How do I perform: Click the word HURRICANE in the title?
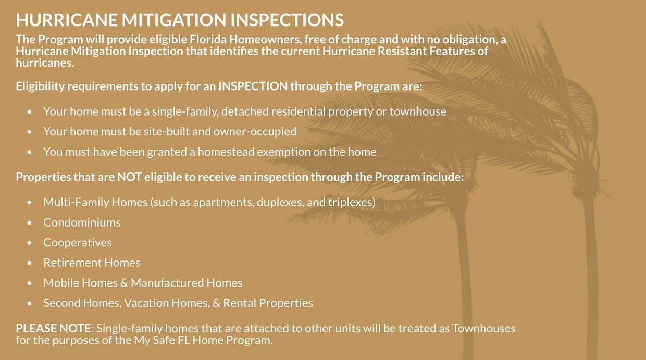(x=66, y=20)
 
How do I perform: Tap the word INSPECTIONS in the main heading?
(x=287, y=20)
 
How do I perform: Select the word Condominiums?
(x=82, y=222)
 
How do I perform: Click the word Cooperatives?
(x=77, y=243)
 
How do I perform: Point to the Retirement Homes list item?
(x=92, y=263)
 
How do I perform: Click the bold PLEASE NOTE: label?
(x=55, y=329)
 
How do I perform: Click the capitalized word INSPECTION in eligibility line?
(x=253, y=86)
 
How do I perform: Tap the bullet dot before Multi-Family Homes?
(x=30, y=203)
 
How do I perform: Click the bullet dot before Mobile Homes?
(x=30, y=283)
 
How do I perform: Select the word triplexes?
(x=351, y=202)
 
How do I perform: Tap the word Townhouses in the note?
(x=483, y=329)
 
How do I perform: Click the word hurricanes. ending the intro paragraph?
(x=45, y=63)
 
